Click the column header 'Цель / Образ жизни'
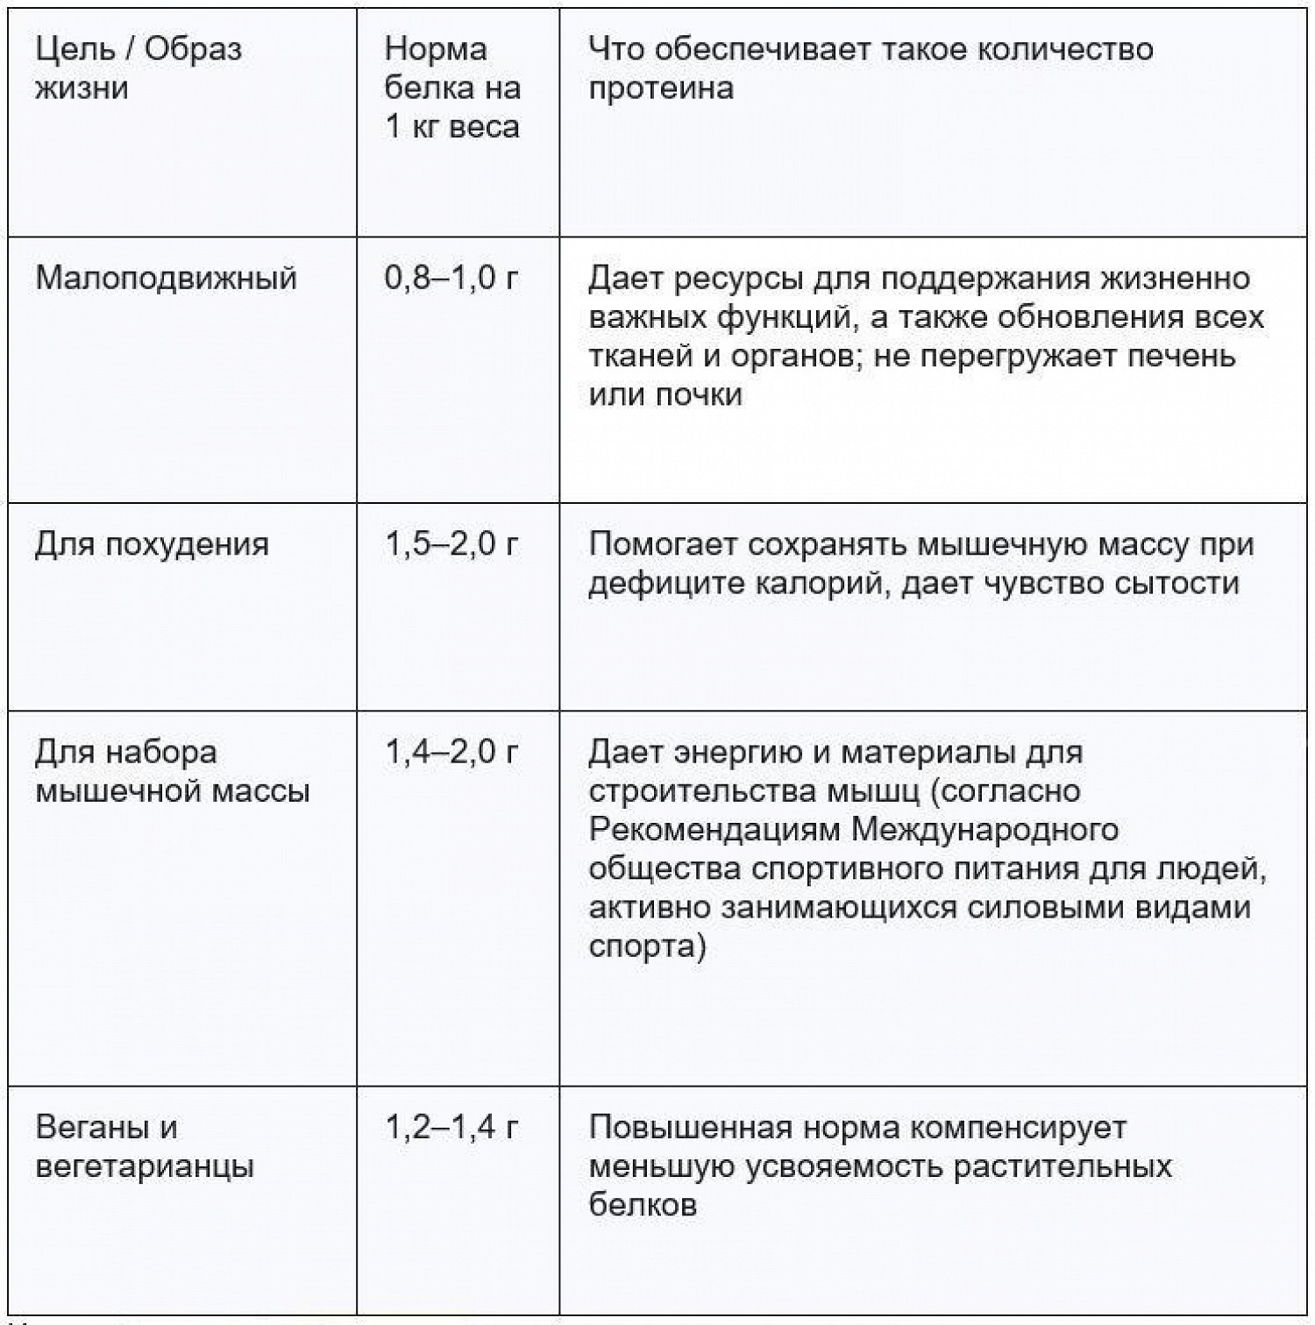tap(138, 68)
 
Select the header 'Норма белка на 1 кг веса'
tap(452, 88)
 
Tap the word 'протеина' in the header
tap(661, 89)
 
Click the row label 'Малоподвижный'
tap(167, 279)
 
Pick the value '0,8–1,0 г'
tap(451, 279)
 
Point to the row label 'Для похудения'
tap(152, 545)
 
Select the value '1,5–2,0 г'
tap(451, 545)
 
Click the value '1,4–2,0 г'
tap(451, 753)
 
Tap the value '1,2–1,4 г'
tap(451, 1128)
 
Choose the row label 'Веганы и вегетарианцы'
tap(145, 1147)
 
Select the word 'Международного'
tap(985, 830)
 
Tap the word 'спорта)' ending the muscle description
tap(647, 946)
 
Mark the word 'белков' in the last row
tap(643, 1206)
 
